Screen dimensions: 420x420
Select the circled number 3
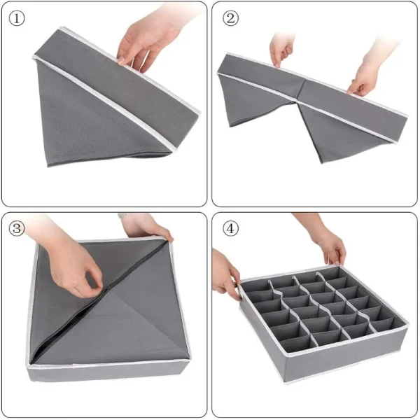click(17, 228)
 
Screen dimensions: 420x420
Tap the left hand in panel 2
click(281, 49)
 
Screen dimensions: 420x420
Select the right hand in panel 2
click(365, 77)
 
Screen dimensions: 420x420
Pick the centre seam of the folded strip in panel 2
click(301, 81)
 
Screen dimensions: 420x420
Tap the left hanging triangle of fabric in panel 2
click(245, 105)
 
